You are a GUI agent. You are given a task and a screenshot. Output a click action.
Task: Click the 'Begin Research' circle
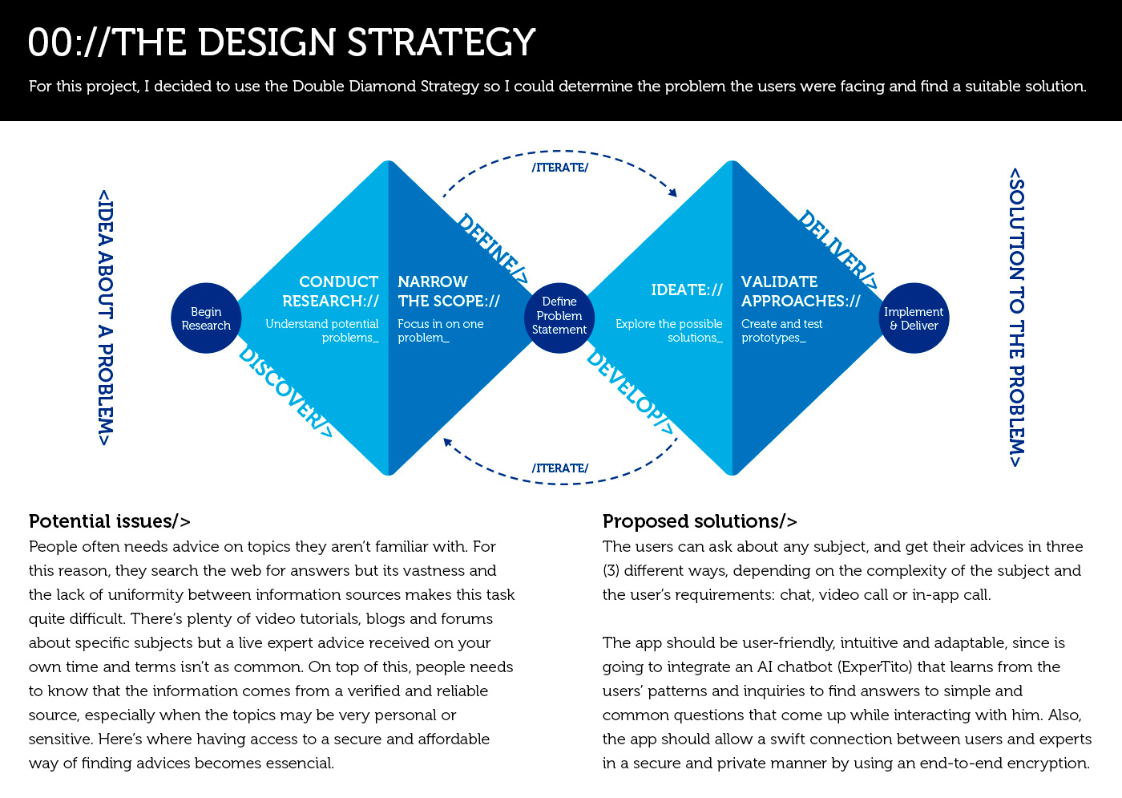click(206, 318)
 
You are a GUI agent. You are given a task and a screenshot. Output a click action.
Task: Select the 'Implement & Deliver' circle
click(914, 318)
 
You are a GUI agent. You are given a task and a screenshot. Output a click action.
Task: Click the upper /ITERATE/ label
click(560, 168)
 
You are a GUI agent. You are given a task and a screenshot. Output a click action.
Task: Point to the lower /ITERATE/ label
click(560, 468)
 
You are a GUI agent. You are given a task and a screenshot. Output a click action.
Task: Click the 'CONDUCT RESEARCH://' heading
click(330, 291)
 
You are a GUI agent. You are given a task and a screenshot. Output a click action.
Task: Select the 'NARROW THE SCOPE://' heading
click(449, 291)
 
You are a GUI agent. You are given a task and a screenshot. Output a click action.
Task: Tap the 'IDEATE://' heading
click(687, 290)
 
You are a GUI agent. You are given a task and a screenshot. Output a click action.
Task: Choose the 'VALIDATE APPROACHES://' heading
click(801, 291)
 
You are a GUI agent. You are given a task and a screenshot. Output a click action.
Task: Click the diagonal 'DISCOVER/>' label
click(285, 393)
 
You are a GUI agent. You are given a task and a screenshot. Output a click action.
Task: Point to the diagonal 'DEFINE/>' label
click(493, 249)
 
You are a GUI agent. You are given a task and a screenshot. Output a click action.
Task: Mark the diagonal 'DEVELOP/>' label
click(631, 394)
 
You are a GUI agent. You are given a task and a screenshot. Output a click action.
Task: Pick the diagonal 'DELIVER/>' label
click(838, 249)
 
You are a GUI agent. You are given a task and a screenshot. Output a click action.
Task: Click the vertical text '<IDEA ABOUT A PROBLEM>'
click(105, 318)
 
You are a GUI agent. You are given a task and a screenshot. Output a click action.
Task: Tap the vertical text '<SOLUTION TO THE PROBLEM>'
click(1016, 318)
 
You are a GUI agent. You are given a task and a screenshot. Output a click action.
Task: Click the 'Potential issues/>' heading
click(109, 521)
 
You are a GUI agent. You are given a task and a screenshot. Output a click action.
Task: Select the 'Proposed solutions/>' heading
click(700, 521)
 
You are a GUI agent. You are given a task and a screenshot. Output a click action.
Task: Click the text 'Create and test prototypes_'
click(781, 330)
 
